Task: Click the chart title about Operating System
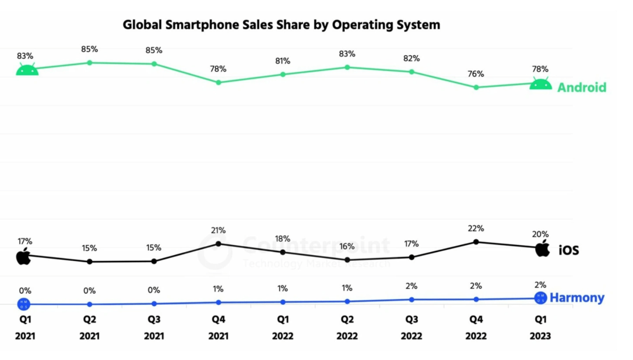281,25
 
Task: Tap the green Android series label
581,87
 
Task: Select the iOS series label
568,250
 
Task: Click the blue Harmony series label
577,298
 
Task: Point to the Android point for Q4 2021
219,83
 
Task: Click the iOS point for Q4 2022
476,242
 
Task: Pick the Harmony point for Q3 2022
411,300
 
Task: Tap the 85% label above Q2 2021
90,49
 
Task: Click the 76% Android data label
476,74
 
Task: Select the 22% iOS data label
476,228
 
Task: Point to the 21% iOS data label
219,230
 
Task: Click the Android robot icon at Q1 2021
26,70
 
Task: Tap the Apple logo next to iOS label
543,248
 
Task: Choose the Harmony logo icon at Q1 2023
540,298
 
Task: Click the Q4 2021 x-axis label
219,328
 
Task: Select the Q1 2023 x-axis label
540,328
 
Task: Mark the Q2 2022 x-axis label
347,328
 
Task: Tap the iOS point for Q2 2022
347,260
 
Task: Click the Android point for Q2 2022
347,67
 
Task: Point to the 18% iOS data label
283,239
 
